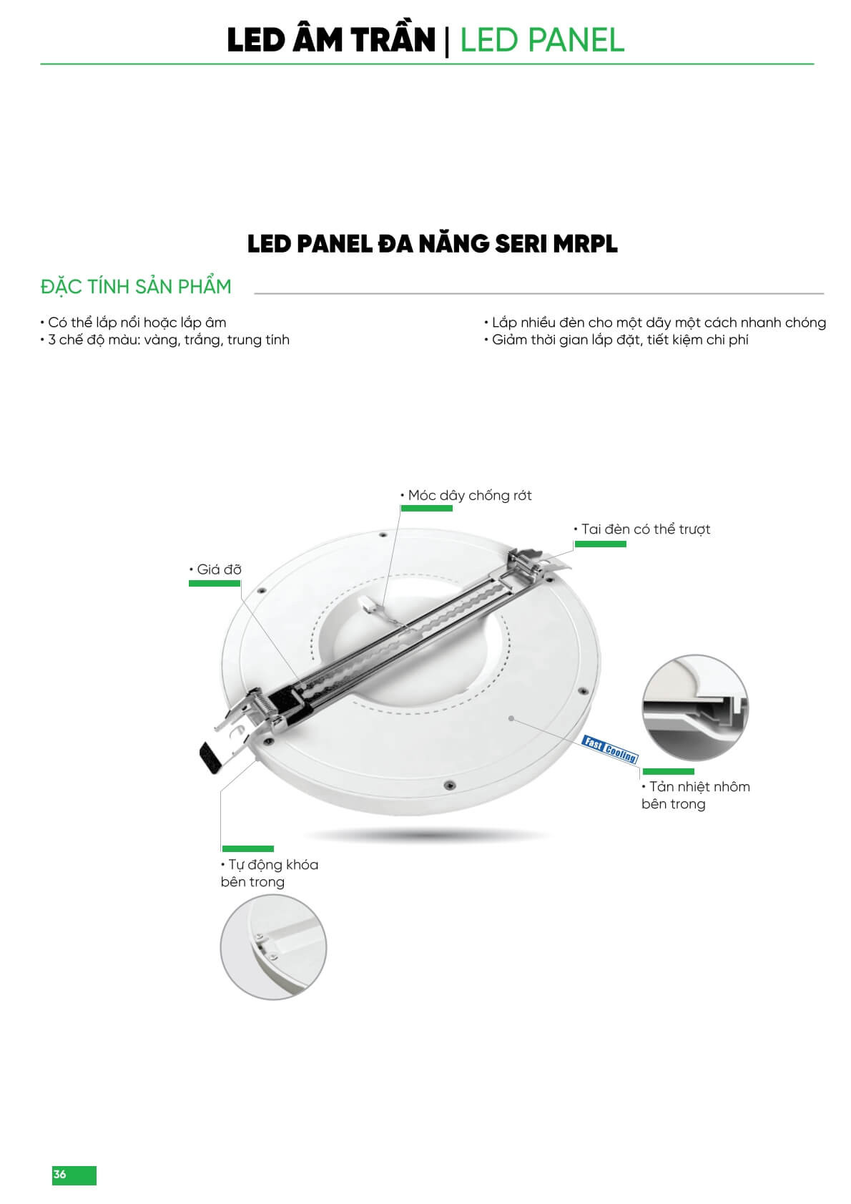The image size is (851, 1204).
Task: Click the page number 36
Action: coord(59,1174)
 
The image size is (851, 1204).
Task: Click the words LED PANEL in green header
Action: coord(543,40)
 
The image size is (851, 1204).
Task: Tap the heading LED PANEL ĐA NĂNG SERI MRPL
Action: coord(433,244)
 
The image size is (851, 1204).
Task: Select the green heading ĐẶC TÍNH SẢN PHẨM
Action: coord(136,286)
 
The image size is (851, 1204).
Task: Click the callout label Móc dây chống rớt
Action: coord(466,496)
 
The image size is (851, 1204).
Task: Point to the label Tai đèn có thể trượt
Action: coord(642,529)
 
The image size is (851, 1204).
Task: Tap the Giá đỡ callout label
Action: coord(215,569)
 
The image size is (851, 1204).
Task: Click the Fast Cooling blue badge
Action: coord(610,749)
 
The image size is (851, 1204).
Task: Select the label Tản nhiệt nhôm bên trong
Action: coord(696,795)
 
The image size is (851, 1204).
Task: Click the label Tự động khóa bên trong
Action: coord(270,873)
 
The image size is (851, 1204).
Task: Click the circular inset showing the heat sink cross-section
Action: coord(695,708)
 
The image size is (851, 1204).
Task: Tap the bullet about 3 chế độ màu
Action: coord(165,341)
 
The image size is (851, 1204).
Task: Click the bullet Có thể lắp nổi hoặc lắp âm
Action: coord(133,323)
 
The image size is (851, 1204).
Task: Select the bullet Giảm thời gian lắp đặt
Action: coord(616,341)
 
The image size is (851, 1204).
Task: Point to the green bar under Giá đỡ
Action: coord(215,584)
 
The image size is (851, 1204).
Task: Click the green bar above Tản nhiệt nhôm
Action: coord(669,772)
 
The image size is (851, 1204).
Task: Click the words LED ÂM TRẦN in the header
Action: coord(331,40)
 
